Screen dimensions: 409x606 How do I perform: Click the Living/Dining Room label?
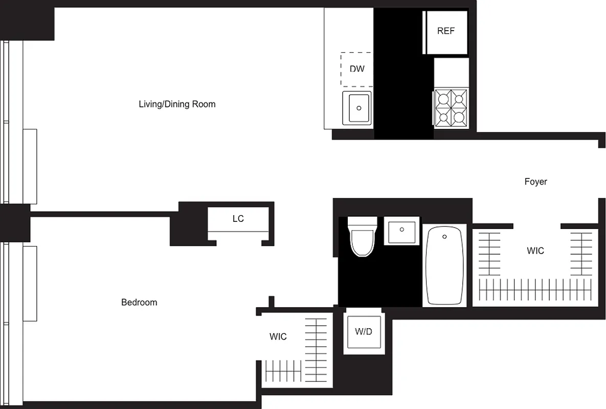177,104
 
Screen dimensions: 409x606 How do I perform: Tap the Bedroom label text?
139,302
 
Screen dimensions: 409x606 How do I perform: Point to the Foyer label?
535,181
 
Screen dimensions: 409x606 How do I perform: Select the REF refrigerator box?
445,31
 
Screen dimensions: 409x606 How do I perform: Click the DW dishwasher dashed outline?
357,69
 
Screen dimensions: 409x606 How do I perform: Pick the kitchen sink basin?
360,108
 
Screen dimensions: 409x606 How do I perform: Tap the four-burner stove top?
452,108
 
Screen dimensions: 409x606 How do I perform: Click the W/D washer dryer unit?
363,331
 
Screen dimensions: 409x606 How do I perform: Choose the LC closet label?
238,219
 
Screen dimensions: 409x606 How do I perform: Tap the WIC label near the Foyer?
535,251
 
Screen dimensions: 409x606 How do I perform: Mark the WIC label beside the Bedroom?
278,336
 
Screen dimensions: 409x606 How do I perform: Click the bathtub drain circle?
444,237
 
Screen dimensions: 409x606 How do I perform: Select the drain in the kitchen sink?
360,108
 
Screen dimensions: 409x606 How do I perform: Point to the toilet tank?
363,223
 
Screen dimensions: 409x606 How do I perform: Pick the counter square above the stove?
451,72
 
